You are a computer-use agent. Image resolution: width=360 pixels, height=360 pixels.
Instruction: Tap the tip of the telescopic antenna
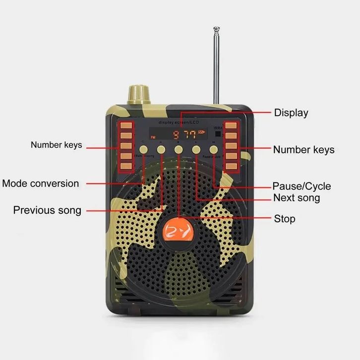216,29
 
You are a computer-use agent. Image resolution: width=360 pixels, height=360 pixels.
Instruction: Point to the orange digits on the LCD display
182,134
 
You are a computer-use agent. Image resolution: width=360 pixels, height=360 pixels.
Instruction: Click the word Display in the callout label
291,113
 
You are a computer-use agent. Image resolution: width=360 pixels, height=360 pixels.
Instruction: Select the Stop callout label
285,219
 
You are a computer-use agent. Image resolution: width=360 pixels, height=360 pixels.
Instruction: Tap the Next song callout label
297,198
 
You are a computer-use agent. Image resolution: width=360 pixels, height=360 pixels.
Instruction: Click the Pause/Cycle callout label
301,186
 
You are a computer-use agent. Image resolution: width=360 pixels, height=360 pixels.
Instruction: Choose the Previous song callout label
47,210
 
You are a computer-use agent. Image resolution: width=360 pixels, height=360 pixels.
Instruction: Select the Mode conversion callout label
41,183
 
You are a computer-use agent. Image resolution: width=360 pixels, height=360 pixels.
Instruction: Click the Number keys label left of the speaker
56,145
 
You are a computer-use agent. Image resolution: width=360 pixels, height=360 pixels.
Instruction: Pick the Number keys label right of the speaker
303,149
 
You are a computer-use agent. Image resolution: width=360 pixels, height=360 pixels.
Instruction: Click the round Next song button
196,149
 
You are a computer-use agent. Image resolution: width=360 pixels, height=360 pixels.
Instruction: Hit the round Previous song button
161,149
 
